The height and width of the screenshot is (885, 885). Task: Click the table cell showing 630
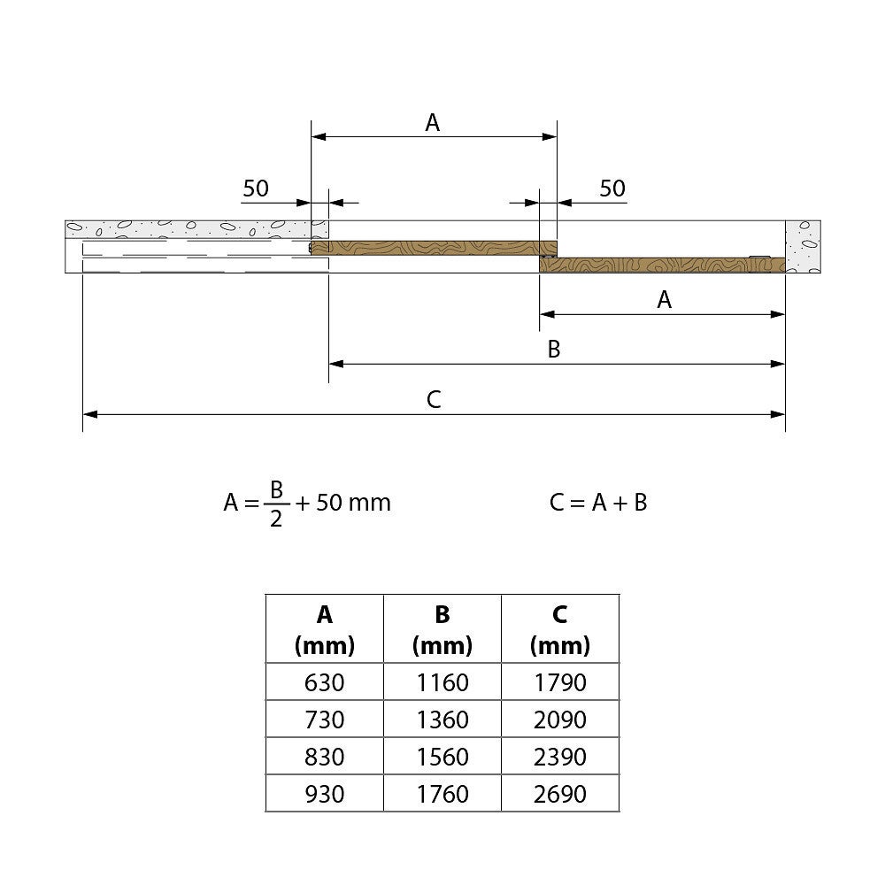325,681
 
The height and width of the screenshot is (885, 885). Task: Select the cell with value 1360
442,719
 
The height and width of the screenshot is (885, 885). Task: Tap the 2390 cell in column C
560,757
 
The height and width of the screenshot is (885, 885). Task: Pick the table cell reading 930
325,794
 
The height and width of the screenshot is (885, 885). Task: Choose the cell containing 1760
442,794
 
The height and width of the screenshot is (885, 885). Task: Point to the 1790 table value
560,681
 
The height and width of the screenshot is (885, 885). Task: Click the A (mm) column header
325,628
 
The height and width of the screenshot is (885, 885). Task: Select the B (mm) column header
442,628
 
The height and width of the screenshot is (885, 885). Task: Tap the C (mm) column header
560,628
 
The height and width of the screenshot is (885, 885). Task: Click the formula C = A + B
598,503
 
